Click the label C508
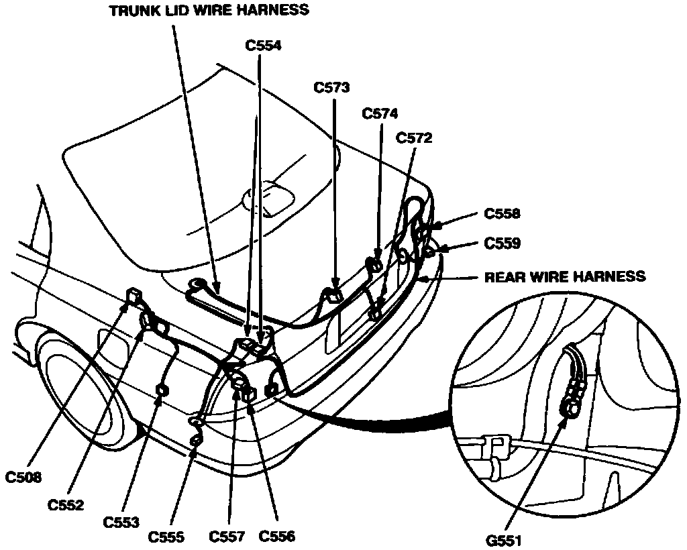(24, 478)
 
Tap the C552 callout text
(66, 505)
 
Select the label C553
(122, 522)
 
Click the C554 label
(264, 46)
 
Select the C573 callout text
(331, 87)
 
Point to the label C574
(380, 114)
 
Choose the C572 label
(414, 138)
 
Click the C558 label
(502, 215)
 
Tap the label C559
(502, 243)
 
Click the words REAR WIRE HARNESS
(565, 276)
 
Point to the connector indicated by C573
(333, 293)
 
